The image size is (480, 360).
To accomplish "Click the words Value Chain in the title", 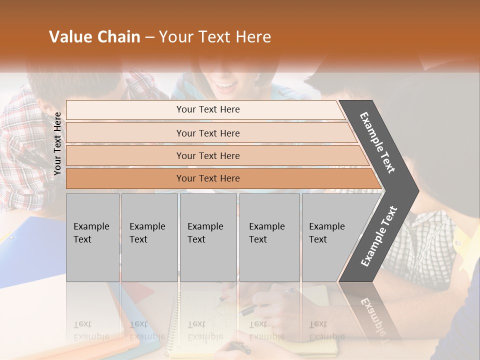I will (x=94, y=37).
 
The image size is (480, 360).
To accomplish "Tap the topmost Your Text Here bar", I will (x=208, y=109).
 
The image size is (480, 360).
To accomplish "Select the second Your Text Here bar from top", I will (x=208, y=133).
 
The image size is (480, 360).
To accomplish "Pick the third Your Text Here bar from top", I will (x=208, y=155).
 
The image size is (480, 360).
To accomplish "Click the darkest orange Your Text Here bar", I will (x=208, y=178).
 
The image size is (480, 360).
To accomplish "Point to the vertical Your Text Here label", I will (x=57, y=143).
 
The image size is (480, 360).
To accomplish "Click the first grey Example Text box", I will (x=92, y=237).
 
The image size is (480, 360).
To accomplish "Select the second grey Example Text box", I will (x=149, y=237).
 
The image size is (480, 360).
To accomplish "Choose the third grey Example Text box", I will (x=208, y=237).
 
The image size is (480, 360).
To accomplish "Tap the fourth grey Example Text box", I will (x=269, y=237).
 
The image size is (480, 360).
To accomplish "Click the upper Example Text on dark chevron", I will (x=378, y=142).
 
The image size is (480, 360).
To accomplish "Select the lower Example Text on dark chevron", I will (x=379, y=236).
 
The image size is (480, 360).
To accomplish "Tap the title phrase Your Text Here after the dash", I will (x=215, y=37).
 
